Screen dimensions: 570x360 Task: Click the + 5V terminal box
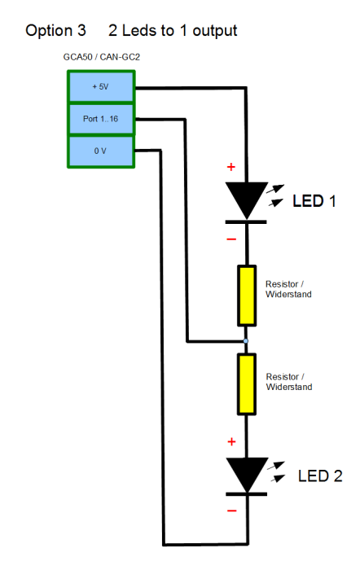point(101,86)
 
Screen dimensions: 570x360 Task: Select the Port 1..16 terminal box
point(101,119)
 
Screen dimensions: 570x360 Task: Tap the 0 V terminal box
point(101,151)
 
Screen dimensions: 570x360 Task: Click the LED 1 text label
point(314,201)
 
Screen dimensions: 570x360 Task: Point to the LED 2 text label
point(319,476)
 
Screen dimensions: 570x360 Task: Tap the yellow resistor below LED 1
point(245,294)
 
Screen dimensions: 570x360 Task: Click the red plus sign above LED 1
point(230,168)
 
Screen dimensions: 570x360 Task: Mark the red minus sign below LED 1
point(231,239)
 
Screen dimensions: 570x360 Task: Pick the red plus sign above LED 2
point(230,441)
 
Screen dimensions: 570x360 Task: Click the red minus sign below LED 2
point(231,511)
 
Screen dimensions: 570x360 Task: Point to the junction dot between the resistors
point(245,340)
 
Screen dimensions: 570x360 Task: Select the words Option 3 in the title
point(55,31)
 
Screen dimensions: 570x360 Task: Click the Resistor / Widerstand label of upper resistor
point(288,289)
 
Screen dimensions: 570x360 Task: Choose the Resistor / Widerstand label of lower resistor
point(288,381)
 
